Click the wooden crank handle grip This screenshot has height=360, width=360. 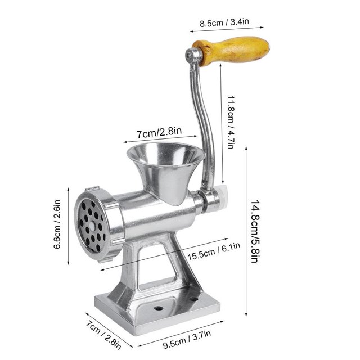tap(231, 51)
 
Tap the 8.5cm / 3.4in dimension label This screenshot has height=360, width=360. tap(224, 22)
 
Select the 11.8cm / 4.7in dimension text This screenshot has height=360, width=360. tap(231, 122)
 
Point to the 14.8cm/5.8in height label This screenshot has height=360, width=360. tap(255, 231)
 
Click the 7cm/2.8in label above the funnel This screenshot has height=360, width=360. tap(159, 133)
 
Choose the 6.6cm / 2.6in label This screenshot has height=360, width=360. tap(57, 224)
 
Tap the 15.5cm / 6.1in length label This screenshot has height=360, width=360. tap(214, 251)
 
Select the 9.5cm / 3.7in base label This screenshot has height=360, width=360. tap(187, 339)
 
